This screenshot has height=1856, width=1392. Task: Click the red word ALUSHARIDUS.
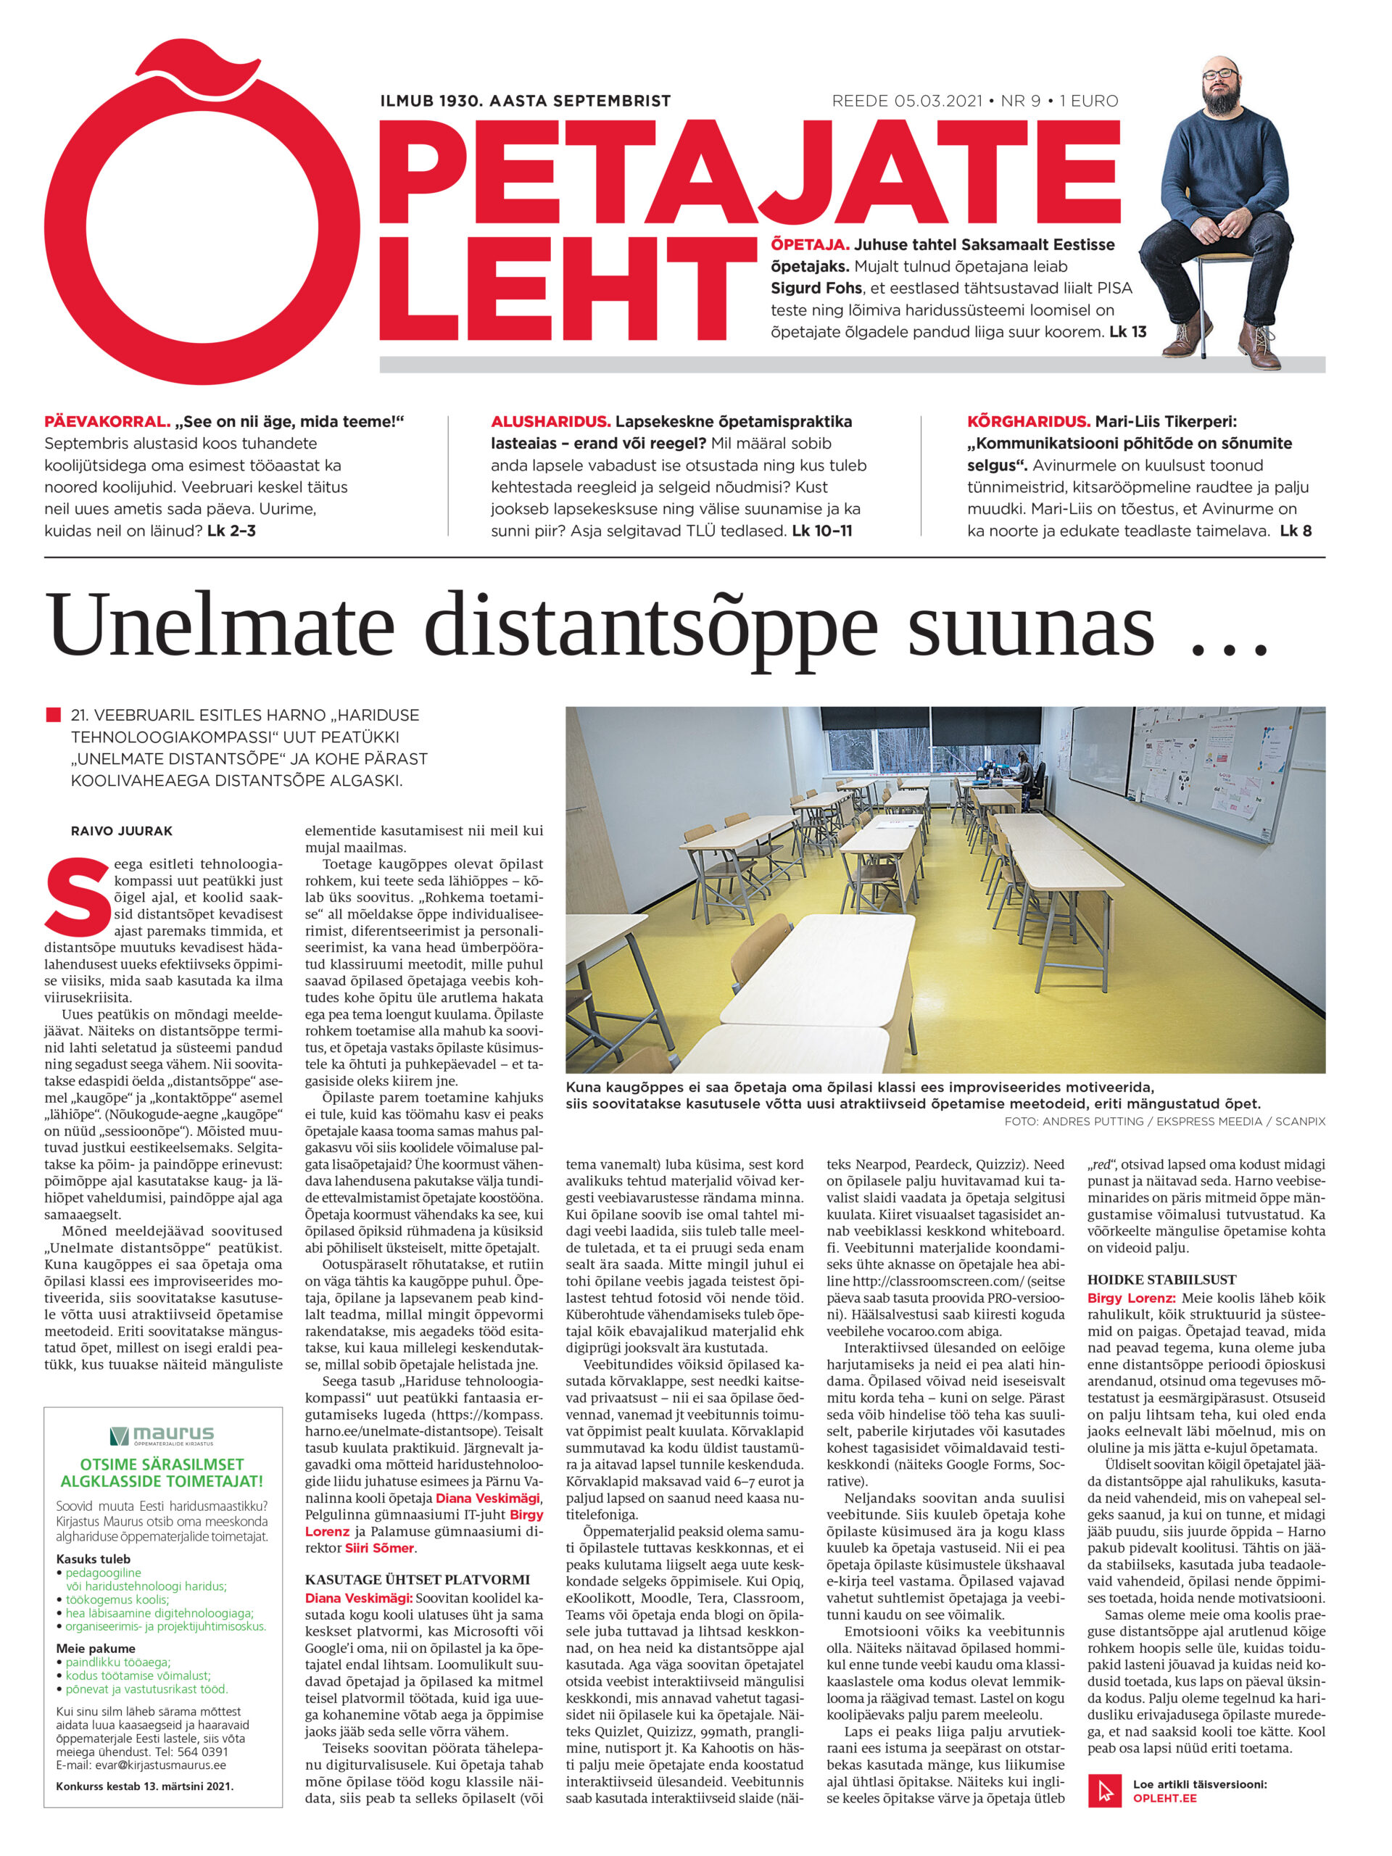tap(550, 421)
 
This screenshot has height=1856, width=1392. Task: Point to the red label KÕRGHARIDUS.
tap(1029, 421)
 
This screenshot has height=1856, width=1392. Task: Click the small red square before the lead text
tap(53, 715)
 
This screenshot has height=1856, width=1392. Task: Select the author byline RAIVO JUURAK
tap(122, 831)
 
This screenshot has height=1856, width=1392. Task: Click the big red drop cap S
tap(77, 896)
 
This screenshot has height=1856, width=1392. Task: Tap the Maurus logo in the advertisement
tap(162, 1434)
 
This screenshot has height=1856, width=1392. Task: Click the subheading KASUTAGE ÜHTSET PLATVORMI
tap(417, 1579)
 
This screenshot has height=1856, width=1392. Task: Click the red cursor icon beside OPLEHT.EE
tap(1104, 1790)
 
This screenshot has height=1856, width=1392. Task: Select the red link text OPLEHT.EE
tap(1164, 1798)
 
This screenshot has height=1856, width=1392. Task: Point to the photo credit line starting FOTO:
tap(1164, 1121)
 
